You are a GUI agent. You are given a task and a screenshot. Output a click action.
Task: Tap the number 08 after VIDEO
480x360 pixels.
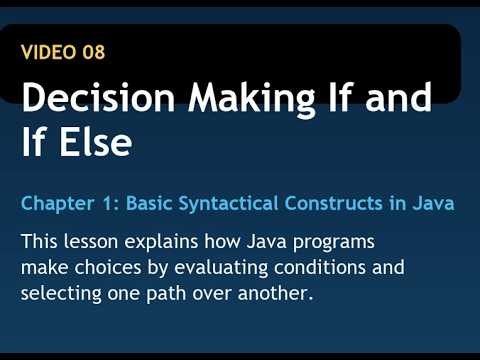[93, 51]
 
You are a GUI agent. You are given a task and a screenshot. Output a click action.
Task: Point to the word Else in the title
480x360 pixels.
[94, 142]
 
